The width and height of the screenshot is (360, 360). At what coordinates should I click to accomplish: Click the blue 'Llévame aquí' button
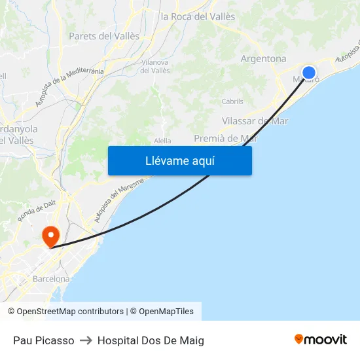(x=179, y=160)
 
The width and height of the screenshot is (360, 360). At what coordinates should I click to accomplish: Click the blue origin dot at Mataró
(x=309, y=73)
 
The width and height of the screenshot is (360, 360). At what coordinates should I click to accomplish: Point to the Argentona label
(x=263, y=59)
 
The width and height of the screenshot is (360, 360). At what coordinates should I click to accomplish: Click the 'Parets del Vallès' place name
(x=104, y=36)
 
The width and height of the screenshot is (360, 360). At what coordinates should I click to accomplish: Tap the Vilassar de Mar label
(x=255, y=121)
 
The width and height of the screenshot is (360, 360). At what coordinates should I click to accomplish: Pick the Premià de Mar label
(x=226, y=138)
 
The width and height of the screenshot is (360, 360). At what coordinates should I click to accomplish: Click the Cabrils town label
(x=232, y=101)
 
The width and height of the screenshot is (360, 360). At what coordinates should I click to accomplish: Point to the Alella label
(x=162, y=141)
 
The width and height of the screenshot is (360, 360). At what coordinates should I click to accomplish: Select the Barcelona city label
(x=51, y=279)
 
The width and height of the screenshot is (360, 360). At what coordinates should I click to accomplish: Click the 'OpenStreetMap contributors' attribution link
(x=70, y=312)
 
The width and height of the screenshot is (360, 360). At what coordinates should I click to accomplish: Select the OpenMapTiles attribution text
(x=166, y=312)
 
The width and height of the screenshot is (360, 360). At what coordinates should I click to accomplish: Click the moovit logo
(x=321, y=340)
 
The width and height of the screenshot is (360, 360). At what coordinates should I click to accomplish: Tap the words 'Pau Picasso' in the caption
(x=43, y=340)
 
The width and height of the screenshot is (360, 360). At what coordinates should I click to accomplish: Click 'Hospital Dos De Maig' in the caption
(x=151, y=340)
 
